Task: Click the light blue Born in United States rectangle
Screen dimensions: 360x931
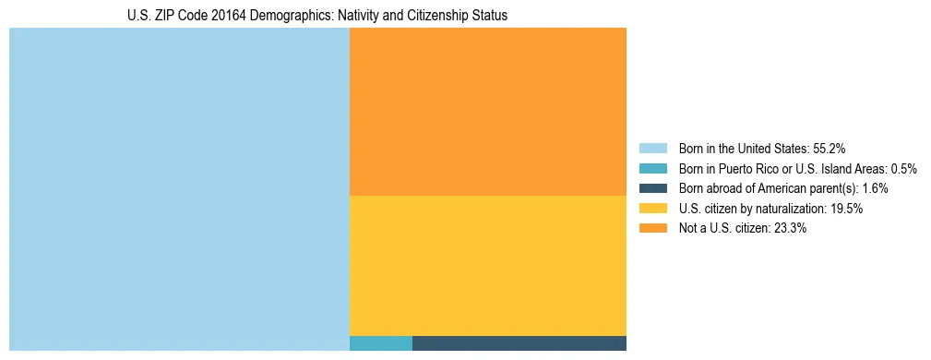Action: click(x=179, y=189)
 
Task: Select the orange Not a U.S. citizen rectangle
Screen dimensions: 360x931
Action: click(x=488, y=112)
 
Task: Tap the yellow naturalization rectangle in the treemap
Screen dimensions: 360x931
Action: click(x=488, y=266)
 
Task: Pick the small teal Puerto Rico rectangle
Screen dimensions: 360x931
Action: click(x=381, y=343)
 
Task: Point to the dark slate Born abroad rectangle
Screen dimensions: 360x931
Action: click(x=519, y=343)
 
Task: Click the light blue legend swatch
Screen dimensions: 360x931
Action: click(x=652, y=148)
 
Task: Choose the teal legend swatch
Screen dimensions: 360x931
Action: click(x=652, y=168)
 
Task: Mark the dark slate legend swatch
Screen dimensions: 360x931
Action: click(x=652, y=188)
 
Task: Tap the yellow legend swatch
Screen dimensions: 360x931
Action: click(x=652, y=209)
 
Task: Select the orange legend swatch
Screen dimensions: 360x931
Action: click(x=652, y=229)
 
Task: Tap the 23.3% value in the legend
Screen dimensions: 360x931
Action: click(x=790, y=229)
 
